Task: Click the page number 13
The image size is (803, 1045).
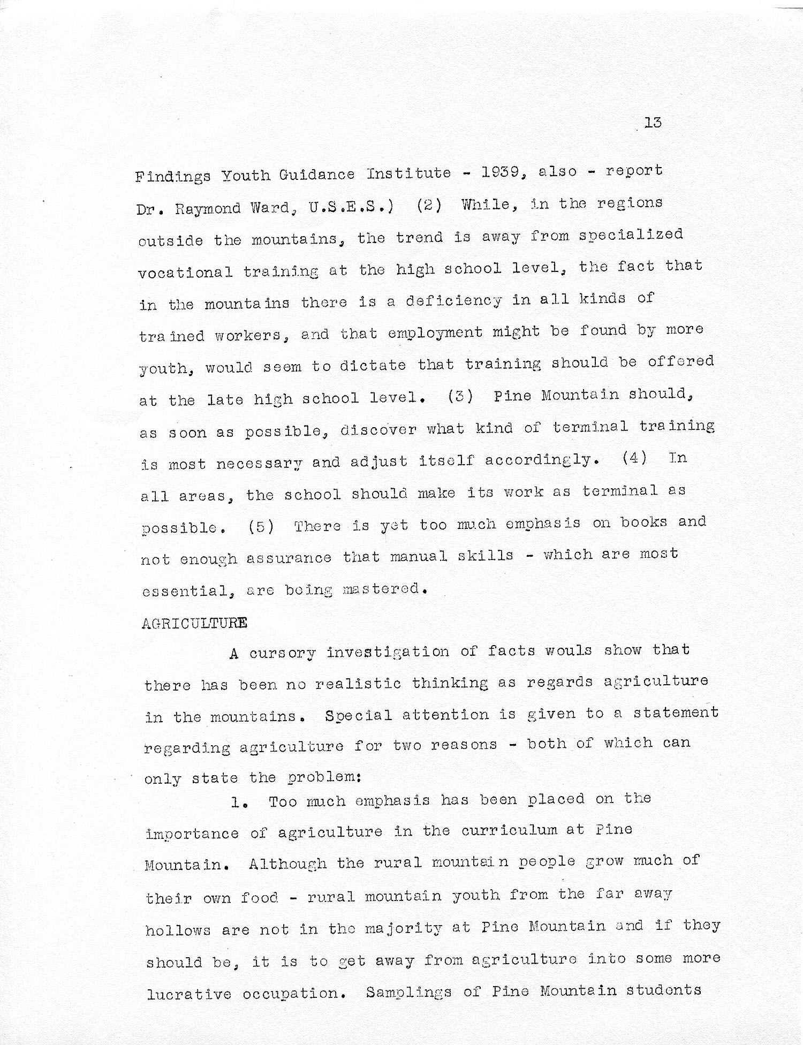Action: point(653,123)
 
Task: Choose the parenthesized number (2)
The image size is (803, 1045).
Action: point(429,206)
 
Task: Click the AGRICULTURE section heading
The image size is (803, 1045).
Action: point(194,623)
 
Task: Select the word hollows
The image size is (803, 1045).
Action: point(178,930)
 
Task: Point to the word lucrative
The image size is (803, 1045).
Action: point(189,995)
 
